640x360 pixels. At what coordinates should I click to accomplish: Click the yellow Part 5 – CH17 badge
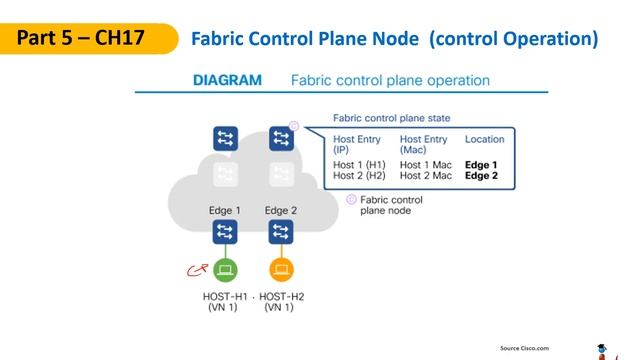coord(80,39)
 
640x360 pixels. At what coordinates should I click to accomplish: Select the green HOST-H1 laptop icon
coord(225,269)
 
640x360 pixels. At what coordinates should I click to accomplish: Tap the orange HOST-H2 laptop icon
coord(281,269)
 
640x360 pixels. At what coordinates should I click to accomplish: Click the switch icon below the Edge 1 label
coord(225,233)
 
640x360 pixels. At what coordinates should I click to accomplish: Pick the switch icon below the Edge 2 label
coord(281,233)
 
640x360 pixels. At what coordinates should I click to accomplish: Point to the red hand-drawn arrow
coord(197,269)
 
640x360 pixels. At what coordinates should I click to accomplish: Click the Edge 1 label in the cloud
coord(224,210)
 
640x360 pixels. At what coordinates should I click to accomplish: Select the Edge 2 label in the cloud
coord(281,210)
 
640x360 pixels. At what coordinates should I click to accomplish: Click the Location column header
coord(485,139)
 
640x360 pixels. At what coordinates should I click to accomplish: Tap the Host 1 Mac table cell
coord(426,164)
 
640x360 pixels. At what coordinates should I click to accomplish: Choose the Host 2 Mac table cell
coord(426,175)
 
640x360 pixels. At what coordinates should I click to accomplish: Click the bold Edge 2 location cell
coord(481,175)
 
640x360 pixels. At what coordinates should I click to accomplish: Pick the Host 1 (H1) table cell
coord(359,164)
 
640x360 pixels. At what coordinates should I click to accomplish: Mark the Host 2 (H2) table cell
coord(359,175)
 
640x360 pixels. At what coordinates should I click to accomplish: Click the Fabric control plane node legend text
coord(391,205)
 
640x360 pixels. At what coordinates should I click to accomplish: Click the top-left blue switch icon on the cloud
coord(225,139)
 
